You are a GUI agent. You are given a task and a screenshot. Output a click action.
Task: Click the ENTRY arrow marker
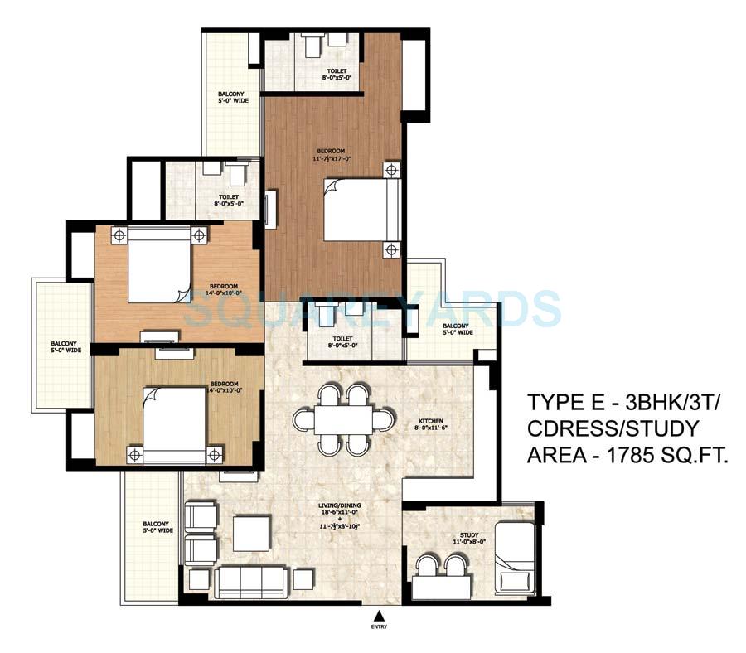[x=379, y=615]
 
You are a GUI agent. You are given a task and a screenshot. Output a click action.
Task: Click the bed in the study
[x=513, y=557]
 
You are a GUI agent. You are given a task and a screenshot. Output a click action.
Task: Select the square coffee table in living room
[x=251, y=534]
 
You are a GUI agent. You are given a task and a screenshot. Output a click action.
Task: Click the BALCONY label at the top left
[x=232, y=97]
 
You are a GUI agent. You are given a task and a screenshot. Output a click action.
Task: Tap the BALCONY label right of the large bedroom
[x=457, y=329]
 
